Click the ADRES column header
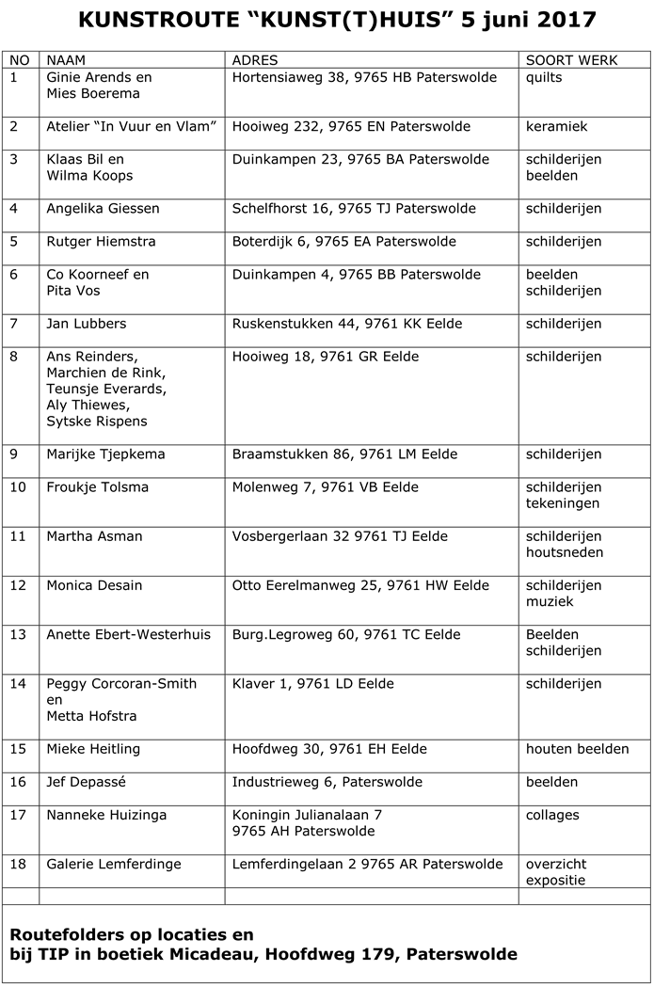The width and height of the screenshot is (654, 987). pos(254,60)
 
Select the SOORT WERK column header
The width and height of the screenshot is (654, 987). pos(571,60)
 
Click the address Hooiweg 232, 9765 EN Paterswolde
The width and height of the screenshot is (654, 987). pos(351,127)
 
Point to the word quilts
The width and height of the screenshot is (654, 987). pos(544,78)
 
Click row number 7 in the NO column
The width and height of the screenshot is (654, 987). pos(14,324)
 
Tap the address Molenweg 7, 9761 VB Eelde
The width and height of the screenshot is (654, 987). pos(325,487)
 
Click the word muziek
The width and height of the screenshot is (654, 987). pos(550,601)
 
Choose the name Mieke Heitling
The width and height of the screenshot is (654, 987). pos(93,749)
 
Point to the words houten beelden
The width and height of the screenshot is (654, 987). pos(577,749)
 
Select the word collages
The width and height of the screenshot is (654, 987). pos(552,815)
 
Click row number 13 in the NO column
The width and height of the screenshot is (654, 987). pos(18,634)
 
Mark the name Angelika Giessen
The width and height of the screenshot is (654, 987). pos(103,209)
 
